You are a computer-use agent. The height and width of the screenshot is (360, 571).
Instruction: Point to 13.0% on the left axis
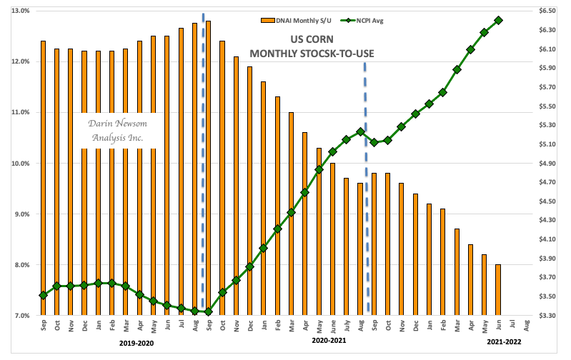click(19, 11)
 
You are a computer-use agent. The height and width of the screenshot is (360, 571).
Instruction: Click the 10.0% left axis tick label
click(19, 164)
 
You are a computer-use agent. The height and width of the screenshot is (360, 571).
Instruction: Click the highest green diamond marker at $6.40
click(498, 20)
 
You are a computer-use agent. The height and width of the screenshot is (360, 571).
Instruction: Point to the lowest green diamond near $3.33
click(208, 312)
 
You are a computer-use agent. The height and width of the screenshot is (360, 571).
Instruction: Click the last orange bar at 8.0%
click(498, 290)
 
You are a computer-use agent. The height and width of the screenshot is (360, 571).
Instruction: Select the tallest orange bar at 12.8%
click(208, 168)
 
